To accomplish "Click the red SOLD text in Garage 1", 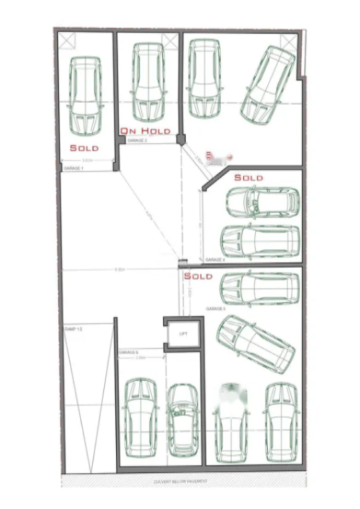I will (x=84, y=148).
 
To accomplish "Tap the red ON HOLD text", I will (x=145, y=131).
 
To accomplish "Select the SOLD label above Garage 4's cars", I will (x=249, y=178).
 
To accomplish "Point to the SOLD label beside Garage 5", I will (x=198, y=276).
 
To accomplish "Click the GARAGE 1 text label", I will (x=73, y=169).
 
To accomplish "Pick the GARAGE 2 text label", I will (x=137, y=141).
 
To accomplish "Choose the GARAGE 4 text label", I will (x=215, y=260).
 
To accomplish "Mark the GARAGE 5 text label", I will (x=215, y=309).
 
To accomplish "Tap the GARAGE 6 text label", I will (x=129, y=352).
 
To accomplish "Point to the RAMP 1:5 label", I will (x=73, y=329).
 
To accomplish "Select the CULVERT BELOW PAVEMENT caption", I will (x=180, y=481).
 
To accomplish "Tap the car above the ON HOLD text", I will (x=148, y=83).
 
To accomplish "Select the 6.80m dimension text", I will (x=120, y=270).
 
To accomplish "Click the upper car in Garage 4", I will (x=262, y=202).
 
